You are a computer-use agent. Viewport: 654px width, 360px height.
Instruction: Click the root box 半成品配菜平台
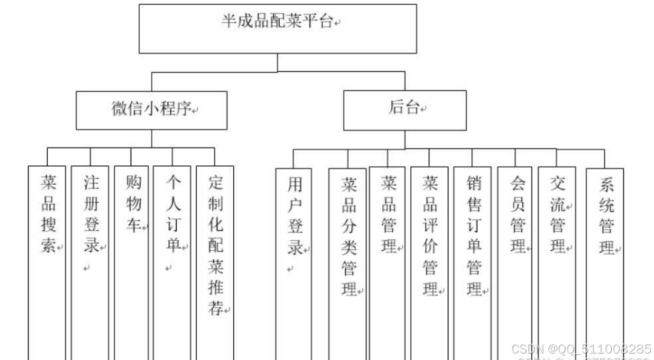coord(277,29)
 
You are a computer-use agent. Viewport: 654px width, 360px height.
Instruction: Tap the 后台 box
coord(405,110)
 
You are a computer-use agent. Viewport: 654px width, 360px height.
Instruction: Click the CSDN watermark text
coord(581,349)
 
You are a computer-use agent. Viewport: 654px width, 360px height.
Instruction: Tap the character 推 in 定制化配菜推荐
coord(215,288)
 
